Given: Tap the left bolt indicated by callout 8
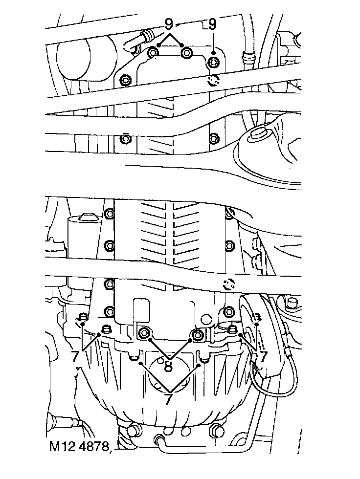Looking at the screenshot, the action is [x=145, y=333].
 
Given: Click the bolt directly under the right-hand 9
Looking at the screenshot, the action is [x=214, y=62].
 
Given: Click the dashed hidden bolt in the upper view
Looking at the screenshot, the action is [x=213, y=80].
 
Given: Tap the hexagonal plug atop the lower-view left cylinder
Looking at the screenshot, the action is [x=88, y=217].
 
